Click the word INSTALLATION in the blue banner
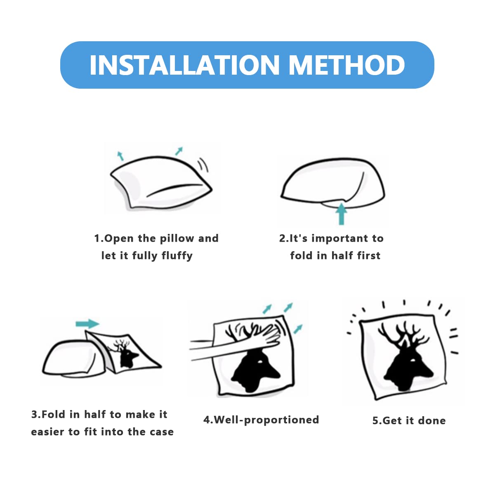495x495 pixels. (184, 65)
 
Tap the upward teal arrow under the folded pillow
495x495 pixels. (341, 214)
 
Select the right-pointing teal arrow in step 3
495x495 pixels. (87, 324)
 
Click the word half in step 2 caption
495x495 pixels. (339, 256)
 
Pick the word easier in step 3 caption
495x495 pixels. (47, 432)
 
